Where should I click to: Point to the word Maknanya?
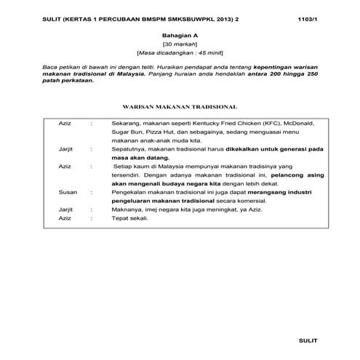click(129, 209)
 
